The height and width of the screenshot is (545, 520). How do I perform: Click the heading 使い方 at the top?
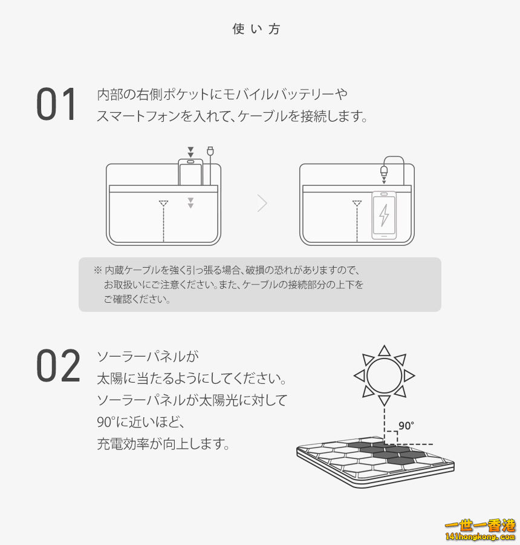tap(256, 29)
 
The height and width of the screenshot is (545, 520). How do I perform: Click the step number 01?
tap(57, 105)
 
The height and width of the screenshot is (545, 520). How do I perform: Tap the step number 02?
tap(58, 366)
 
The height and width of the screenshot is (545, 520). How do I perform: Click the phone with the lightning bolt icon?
tap(384, 215)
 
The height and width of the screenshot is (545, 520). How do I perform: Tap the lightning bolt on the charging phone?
tap(384, 215)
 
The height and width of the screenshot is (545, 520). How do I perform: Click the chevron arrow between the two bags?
tap(262, 203)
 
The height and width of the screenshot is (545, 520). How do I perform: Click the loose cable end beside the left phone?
tap(210, 151)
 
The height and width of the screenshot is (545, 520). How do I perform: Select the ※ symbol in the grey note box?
tap(97, 269)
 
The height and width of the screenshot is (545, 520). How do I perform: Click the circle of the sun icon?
tap(384, 375)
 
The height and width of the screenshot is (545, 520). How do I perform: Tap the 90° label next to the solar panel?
tap(406, 426)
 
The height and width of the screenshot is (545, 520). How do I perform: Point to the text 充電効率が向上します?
tap(163, 444)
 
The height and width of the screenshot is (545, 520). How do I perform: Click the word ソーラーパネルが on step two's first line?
tap(148, 356)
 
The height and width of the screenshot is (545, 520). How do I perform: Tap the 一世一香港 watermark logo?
tap(481, 528)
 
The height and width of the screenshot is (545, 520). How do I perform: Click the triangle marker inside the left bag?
tap(163, 203)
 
